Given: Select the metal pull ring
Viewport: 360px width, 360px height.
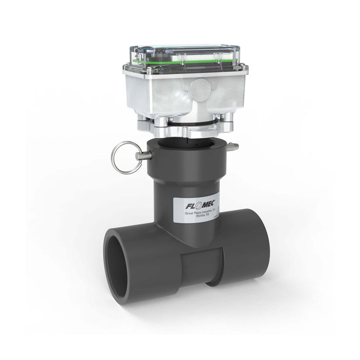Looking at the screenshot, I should tap(124, 157).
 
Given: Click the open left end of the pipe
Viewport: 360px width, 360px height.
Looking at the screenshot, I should tap(117, 263).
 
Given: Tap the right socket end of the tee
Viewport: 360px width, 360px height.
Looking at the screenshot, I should tap(246, 242).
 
